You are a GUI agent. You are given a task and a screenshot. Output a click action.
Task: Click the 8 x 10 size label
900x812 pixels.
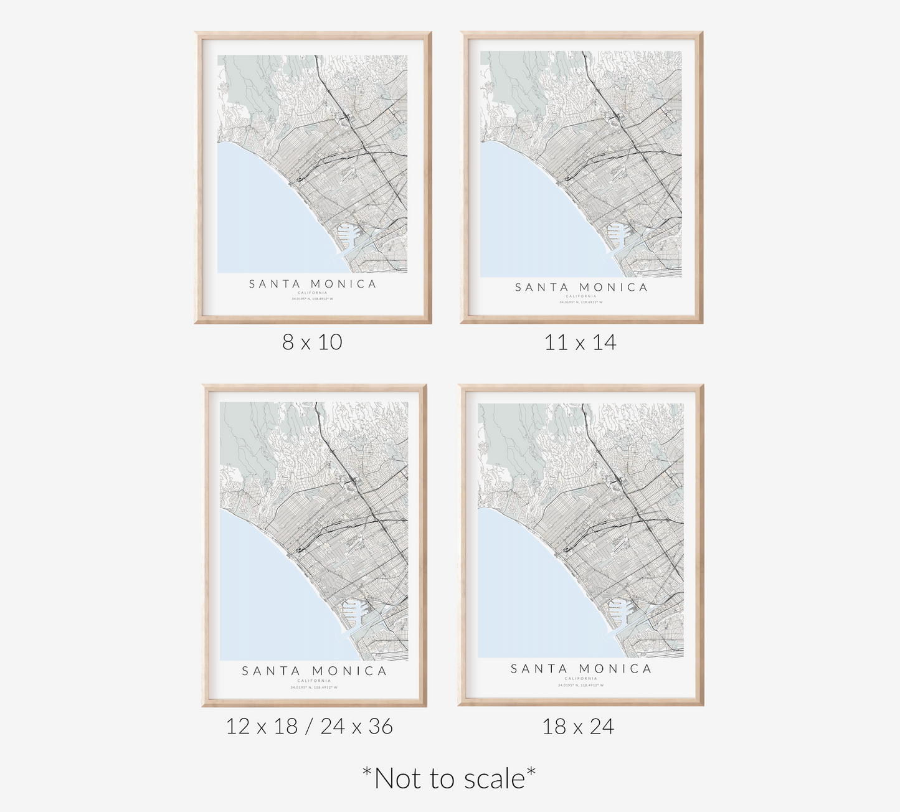pyautogui.click(x=312, y=342)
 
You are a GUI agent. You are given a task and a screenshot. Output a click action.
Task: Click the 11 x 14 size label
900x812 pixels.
pyautogui.click(x=580, y=342)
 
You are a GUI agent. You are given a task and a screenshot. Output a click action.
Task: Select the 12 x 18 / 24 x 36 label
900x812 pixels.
pyautogui.click(x=309, y=726)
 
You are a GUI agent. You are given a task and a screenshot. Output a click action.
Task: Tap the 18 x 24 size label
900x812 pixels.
pyautogui.click(x=578, y=726)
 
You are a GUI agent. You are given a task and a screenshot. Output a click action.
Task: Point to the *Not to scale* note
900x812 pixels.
pyautogui.click(x=449, y=778)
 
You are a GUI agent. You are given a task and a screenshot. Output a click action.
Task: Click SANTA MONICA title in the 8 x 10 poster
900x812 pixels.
pyautogui.click(x=313, y=284)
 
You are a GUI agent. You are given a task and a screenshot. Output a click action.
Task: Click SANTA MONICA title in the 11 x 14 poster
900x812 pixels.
pyautogui.click(x=581, y=287)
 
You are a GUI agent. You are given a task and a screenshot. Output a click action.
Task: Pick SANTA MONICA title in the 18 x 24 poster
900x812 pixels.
pyautogui.click(x=581, y=669)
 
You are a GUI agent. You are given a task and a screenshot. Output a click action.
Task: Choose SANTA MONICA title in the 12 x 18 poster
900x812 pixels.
pyautogui.click(x=314, y=671)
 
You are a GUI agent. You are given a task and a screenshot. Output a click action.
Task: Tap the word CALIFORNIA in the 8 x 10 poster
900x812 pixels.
pyautogui.click(x=313, y=293)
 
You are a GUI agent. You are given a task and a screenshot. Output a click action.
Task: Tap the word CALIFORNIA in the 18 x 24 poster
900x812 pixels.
pyautogui.click(x=581, y=678)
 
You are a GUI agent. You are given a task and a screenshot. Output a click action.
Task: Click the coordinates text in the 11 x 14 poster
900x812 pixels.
pyautogui.click(x=581, y=302)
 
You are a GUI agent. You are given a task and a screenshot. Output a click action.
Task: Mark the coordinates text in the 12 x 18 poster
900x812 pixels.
pyautogui.click(x=314, y=687)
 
